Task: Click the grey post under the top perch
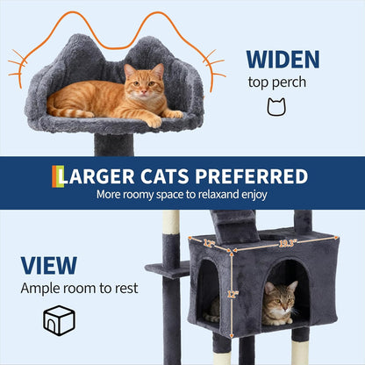114,145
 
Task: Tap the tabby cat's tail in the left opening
211,317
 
